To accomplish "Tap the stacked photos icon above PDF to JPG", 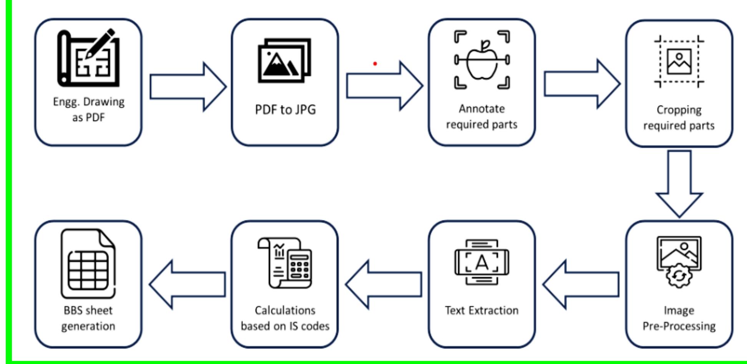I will tap(284, 60).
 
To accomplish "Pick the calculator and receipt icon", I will tap(285, 263).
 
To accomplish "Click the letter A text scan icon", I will tap(481, 263).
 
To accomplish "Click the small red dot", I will tap(375, 64).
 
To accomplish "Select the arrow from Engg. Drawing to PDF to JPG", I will tap(188, 87).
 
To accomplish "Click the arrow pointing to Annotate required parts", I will tap(384, 86).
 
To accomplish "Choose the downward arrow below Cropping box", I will tap(679, 184).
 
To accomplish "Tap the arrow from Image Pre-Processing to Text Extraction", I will tap(581, 285).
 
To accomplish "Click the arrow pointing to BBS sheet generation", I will tap(188, 285).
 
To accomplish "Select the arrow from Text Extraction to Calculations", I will tap(384, 285).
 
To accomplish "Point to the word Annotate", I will tap(481, 109).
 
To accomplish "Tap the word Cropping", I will tap(679, 110).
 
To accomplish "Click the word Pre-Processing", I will tap(679, 326).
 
